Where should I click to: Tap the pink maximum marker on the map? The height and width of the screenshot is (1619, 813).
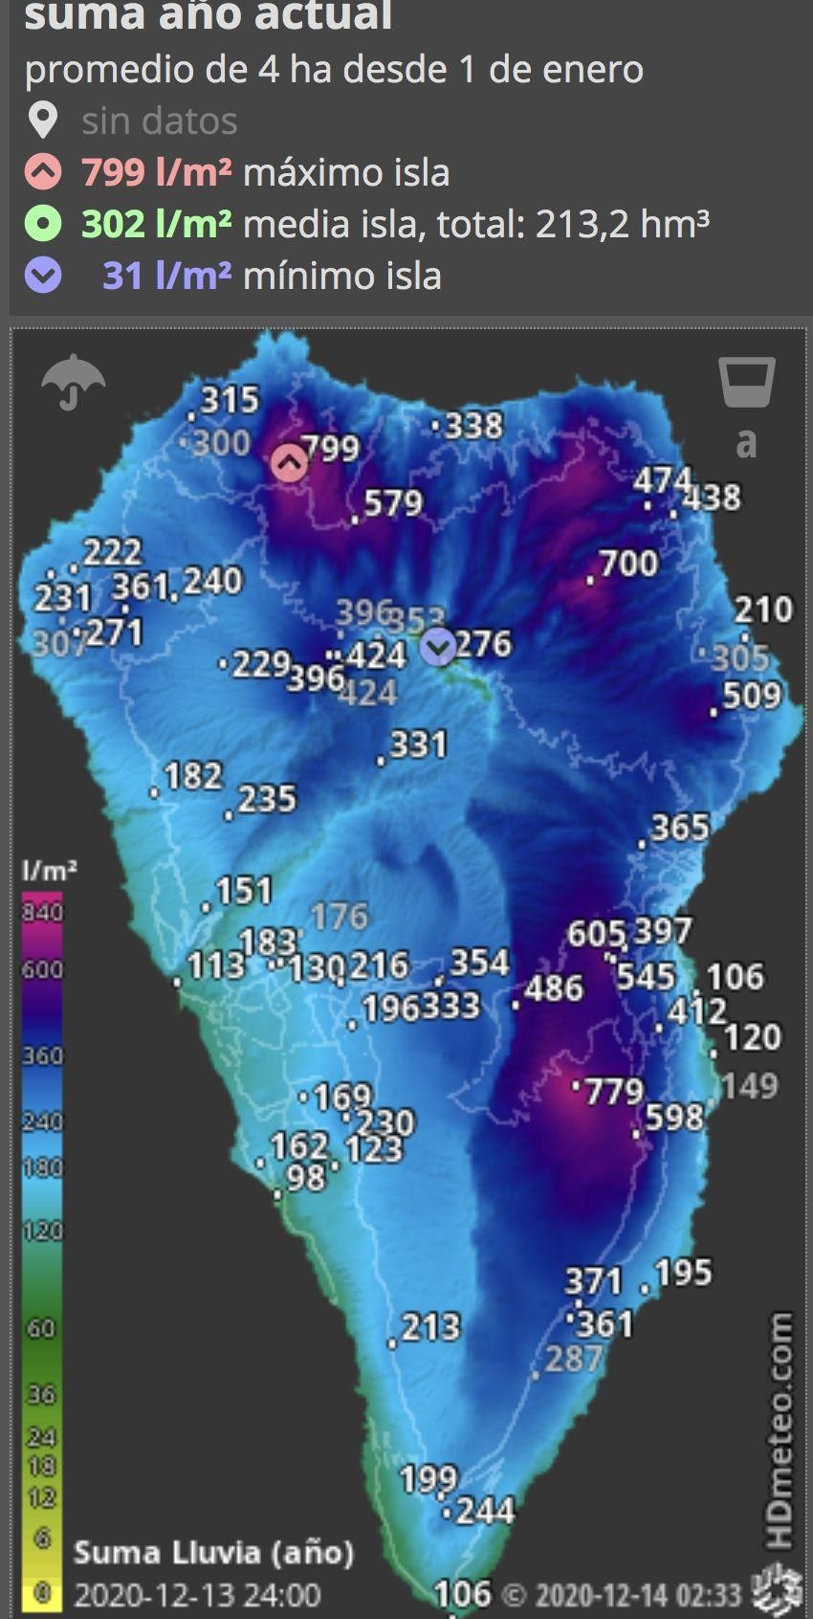click(x=290, y=463)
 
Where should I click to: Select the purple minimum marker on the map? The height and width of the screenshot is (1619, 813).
click(x=438, y=648)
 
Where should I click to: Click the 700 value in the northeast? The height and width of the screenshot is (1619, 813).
click(x=628, y=564)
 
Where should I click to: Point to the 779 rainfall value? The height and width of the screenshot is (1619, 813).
click(x=613, y=1091)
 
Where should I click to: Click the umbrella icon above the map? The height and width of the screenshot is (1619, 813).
click(x=74, y=381)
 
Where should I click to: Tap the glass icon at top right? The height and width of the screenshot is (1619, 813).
click(x=746, y=383)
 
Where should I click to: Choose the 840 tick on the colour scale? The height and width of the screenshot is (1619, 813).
click(x=42, y=911)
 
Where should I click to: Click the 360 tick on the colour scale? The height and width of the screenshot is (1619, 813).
click(x=42, y=1055)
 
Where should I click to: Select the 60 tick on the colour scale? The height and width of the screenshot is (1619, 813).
click(x=42, y=1328)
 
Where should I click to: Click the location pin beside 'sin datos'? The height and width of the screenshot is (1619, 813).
click(x=43, y=122)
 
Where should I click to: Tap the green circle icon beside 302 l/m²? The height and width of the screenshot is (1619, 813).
click(x=43, y=224)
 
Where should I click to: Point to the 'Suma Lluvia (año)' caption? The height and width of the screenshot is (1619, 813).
click(x=213, y=1552)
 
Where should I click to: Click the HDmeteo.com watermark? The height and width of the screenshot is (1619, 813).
click(x=780, y=1430)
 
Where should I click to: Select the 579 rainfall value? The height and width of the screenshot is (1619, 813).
click(x=392, y=503)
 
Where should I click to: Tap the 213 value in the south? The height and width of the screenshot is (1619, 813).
click(x=430, y=1327)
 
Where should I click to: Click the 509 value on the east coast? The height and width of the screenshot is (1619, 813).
click(x=751, y=696)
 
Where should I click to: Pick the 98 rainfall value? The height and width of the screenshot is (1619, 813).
click(x=306, y=1177)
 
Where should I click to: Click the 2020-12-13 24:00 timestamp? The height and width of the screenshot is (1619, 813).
click(x=197, y=1595)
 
